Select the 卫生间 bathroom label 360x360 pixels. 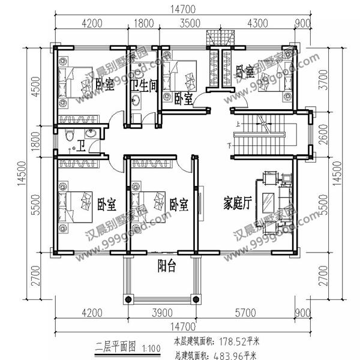tap(145, 85)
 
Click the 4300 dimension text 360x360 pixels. tap(257, 25)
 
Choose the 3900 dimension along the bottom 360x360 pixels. tap(162, 313)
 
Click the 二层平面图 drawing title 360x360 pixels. tap(116, 345)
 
